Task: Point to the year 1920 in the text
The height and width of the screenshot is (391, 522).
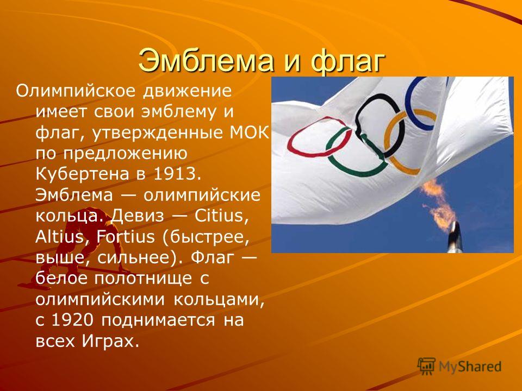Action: click(x=72, y=320)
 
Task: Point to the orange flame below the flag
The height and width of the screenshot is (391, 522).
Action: click(x=438, y=205)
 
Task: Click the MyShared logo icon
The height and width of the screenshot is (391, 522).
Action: click(x=426, y=366)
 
